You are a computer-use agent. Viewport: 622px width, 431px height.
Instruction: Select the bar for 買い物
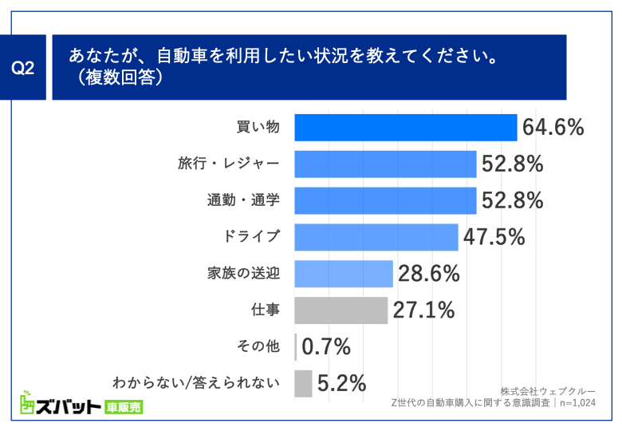(406, 128)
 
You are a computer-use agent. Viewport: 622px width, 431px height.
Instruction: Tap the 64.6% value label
(553, 128)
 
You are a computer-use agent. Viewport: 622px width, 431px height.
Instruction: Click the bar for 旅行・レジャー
(385, 164)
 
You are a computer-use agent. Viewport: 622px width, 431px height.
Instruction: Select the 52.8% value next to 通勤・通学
(512, 200)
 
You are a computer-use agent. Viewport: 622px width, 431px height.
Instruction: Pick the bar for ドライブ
(376, 237)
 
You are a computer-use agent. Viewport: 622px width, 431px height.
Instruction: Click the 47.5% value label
(492, 237)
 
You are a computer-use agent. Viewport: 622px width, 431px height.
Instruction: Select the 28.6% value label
(428, 274)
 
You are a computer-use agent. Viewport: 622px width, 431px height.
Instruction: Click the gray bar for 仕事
(341, 310)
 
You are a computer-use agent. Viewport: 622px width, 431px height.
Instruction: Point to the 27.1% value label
(423, 310)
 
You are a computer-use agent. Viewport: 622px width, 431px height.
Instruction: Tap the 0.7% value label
(327, 347)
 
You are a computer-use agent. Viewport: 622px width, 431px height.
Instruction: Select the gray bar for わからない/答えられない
(303, 384)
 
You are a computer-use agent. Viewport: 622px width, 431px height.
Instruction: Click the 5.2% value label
(341, 384)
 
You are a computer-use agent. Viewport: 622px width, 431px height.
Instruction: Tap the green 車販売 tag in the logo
(124, 407)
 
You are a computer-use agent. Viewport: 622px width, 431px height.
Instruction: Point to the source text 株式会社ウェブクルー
(547, 391)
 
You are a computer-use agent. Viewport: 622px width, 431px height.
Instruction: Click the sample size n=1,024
(577, 404)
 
